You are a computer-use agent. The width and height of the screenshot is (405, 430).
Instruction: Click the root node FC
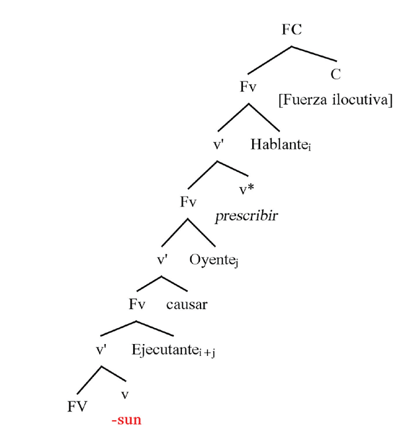pyautogui.click(x=292, y=30)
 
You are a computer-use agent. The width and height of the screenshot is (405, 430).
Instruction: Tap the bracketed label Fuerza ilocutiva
pyautogui.click(x=335, y=100)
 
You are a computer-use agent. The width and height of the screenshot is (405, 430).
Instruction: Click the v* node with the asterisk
pyautogui.click(x=247, y=191)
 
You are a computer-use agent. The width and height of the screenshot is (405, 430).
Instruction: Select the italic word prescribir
pyautogui.click(x=246, y=216)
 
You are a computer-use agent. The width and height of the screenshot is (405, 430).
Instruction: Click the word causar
pyautogui.click(x=187, y=305)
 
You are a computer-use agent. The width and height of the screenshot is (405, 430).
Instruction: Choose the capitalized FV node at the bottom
pyautogui.click(x=77, y=407)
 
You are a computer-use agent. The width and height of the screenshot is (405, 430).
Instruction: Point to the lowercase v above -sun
pyautogui.click(x=125, y=395)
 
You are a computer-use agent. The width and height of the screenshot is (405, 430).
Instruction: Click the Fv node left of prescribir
pyautogui.click(x=188, y=202)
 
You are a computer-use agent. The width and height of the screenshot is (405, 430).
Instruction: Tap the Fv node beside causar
pyautogui.click(x=137, y=305)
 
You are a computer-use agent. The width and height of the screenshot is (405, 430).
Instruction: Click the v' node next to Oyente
pyautogui.click(x=164, y=260)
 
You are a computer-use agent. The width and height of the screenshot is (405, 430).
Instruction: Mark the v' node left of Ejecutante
pyautogui.click(x=103, y=350)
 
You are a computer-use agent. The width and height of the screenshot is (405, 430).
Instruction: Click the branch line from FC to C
pyautogui.click(x=314, y=56)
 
